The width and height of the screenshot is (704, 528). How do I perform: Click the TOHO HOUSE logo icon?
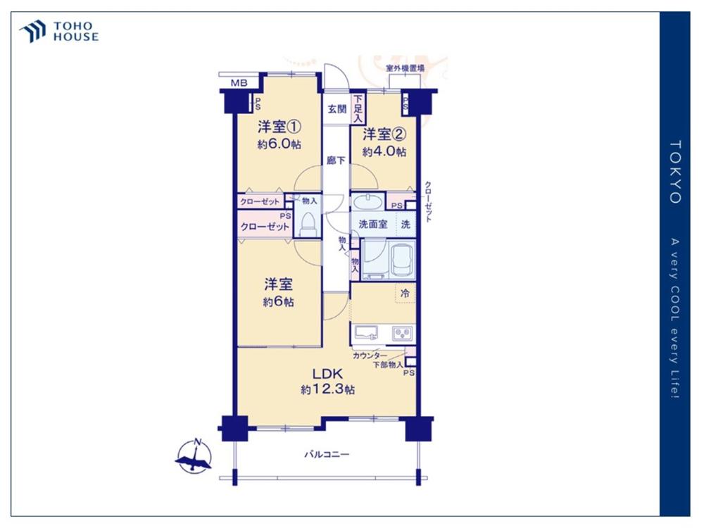[33, 31]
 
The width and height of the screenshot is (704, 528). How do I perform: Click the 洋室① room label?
[279, 127]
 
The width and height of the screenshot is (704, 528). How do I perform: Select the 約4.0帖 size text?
[384, 152]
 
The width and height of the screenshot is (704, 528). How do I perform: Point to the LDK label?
[328, 374]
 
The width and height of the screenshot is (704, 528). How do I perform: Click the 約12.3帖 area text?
[328, 389]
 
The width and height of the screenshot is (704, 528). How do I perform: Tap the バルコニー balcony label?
[327, 454]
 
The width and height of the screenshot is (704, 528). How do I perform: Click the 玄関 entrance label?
[337, 108]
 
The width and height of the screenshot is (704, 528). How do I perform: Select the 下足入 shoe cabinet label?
[358, 108]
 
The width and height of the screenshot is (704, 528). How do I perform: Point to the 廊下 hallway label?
[336, 160]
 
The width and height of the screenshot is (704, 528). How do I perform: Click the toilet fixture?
[308, 224]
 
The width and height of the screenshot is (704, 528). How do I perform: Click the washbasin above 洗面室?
[367, 201]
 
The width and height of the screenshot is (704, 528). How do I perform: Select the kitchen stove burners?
[402, 333]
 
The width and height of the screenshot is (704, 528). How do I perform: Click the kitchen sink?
[366, 333]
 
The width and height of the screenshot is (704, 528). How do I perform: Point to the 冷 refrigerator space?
[405, 294]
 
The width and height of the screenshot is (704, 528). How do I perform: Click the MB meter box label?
[239, 83]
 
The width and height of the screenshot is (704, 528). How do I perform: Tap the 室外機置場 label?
[405, 69]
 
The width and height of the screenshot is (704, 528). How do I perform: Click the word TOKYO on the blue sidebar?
[675, 172]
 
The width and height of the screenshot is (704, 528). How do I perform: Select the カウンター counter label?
[370, 356]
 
